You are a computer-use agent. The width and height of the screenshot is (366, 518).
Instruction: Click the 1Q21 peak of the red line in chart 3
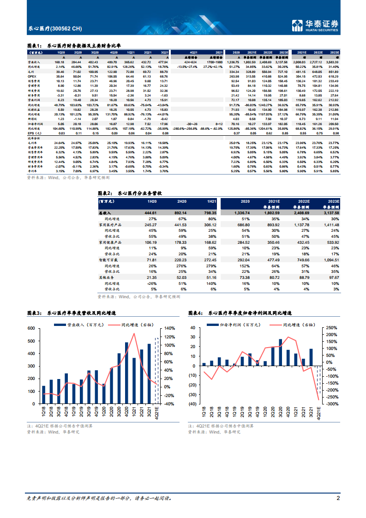(134, 333)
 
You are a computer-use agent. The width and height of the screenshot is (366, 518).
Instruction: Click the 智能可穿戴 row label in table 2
(109, 260)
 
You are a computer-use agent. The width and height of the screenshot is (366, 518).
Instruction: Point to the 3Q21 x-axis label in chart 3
(149, 412)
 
